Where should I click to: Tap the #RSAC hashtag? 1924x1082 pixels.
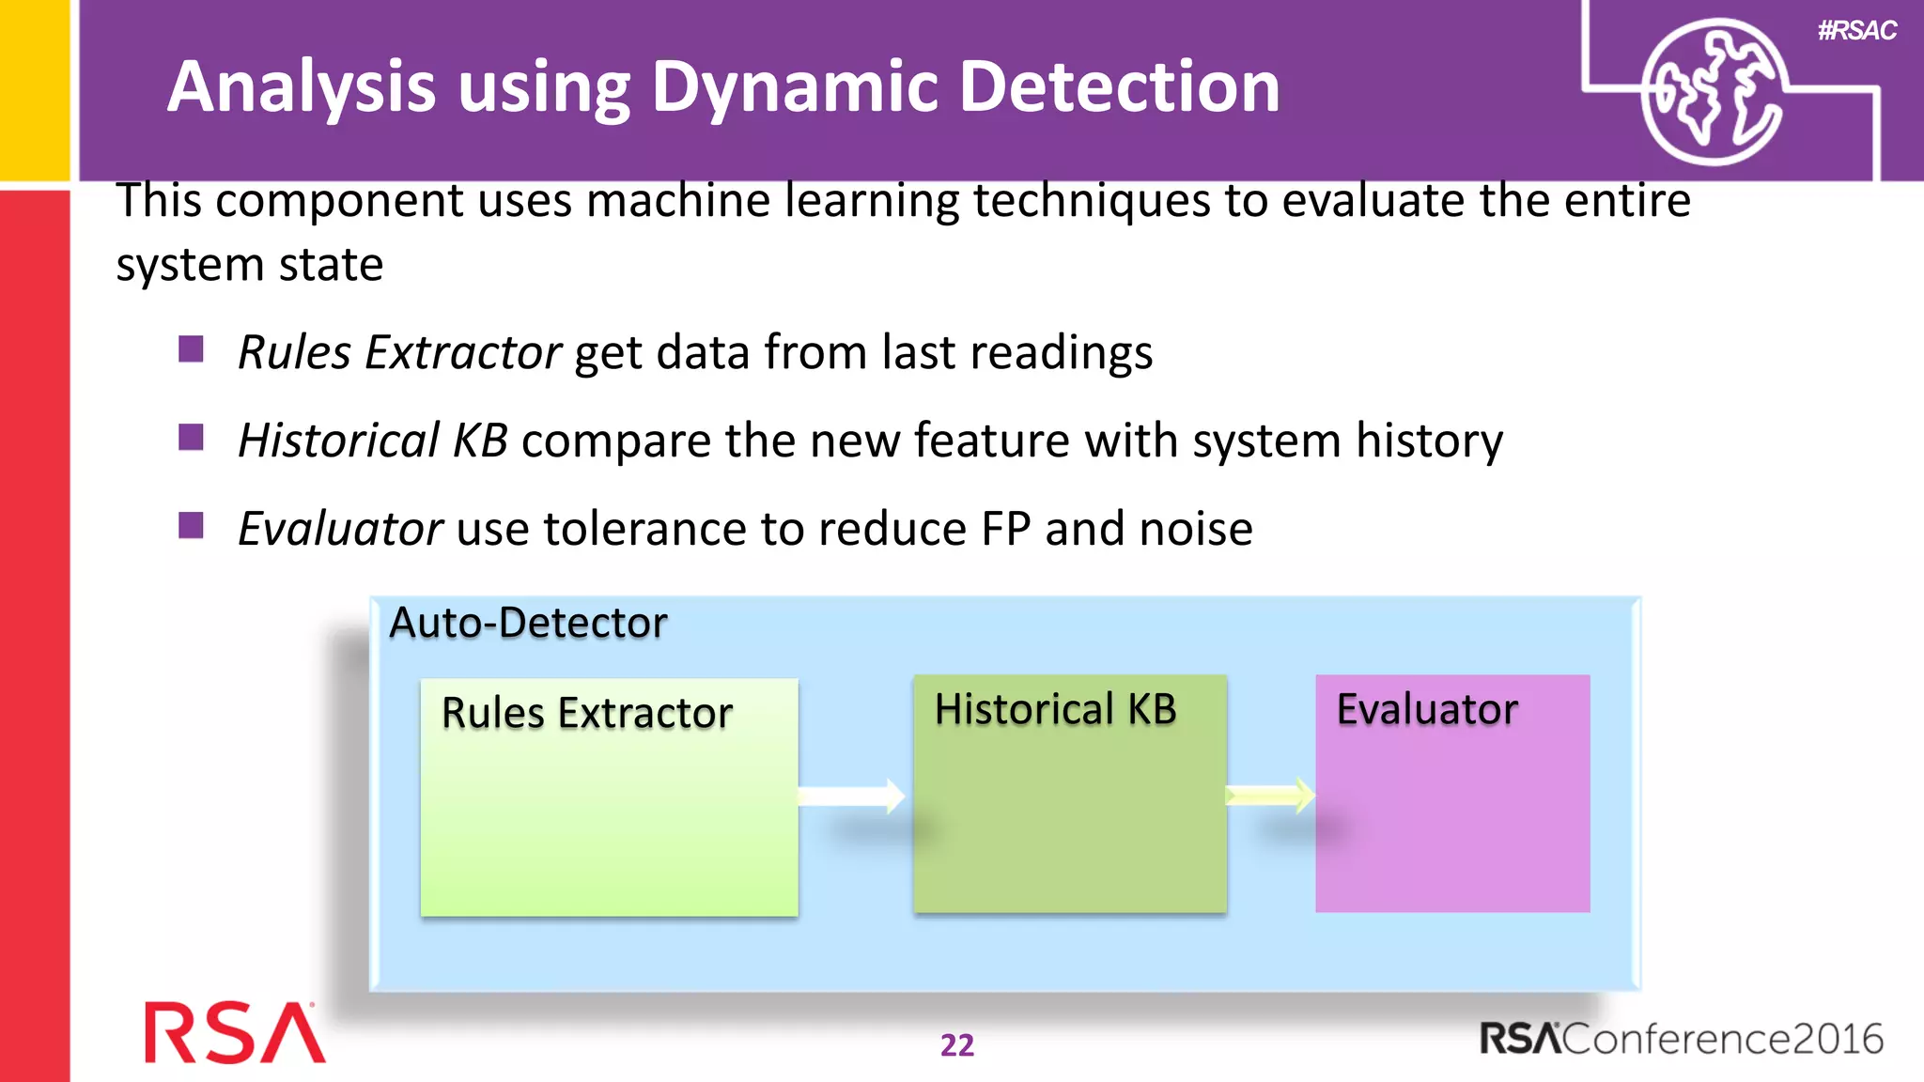coord(1856,31)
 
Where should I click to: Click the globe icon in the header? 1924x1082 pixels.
coord(1712,92)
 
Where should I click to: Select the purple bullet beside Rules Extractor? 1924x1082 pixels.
coord(191,349)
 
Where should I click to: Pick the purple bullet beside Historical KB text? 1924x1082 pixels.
coord(191,438)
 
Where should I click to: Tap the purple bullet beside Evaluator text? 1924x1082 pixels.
coord(191,525)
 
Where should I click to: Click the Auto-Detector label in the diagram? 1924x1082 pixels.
coord(528,623)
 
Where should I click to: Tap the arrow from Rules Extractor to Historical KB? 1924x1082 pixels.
coord(852,796)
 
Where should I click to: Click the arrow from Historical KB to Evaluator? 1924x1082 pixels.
coord(1270,796)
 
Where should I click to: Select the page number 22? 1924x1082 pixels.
coord(957,1045)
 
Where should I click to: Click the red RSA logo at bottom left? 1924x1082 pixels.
coord(234,1033)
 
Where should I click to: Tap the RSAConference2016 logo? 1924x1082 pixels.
coord(1681,1039)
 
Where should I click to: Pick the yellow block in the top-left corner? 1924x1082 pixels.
coord(35,89)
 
